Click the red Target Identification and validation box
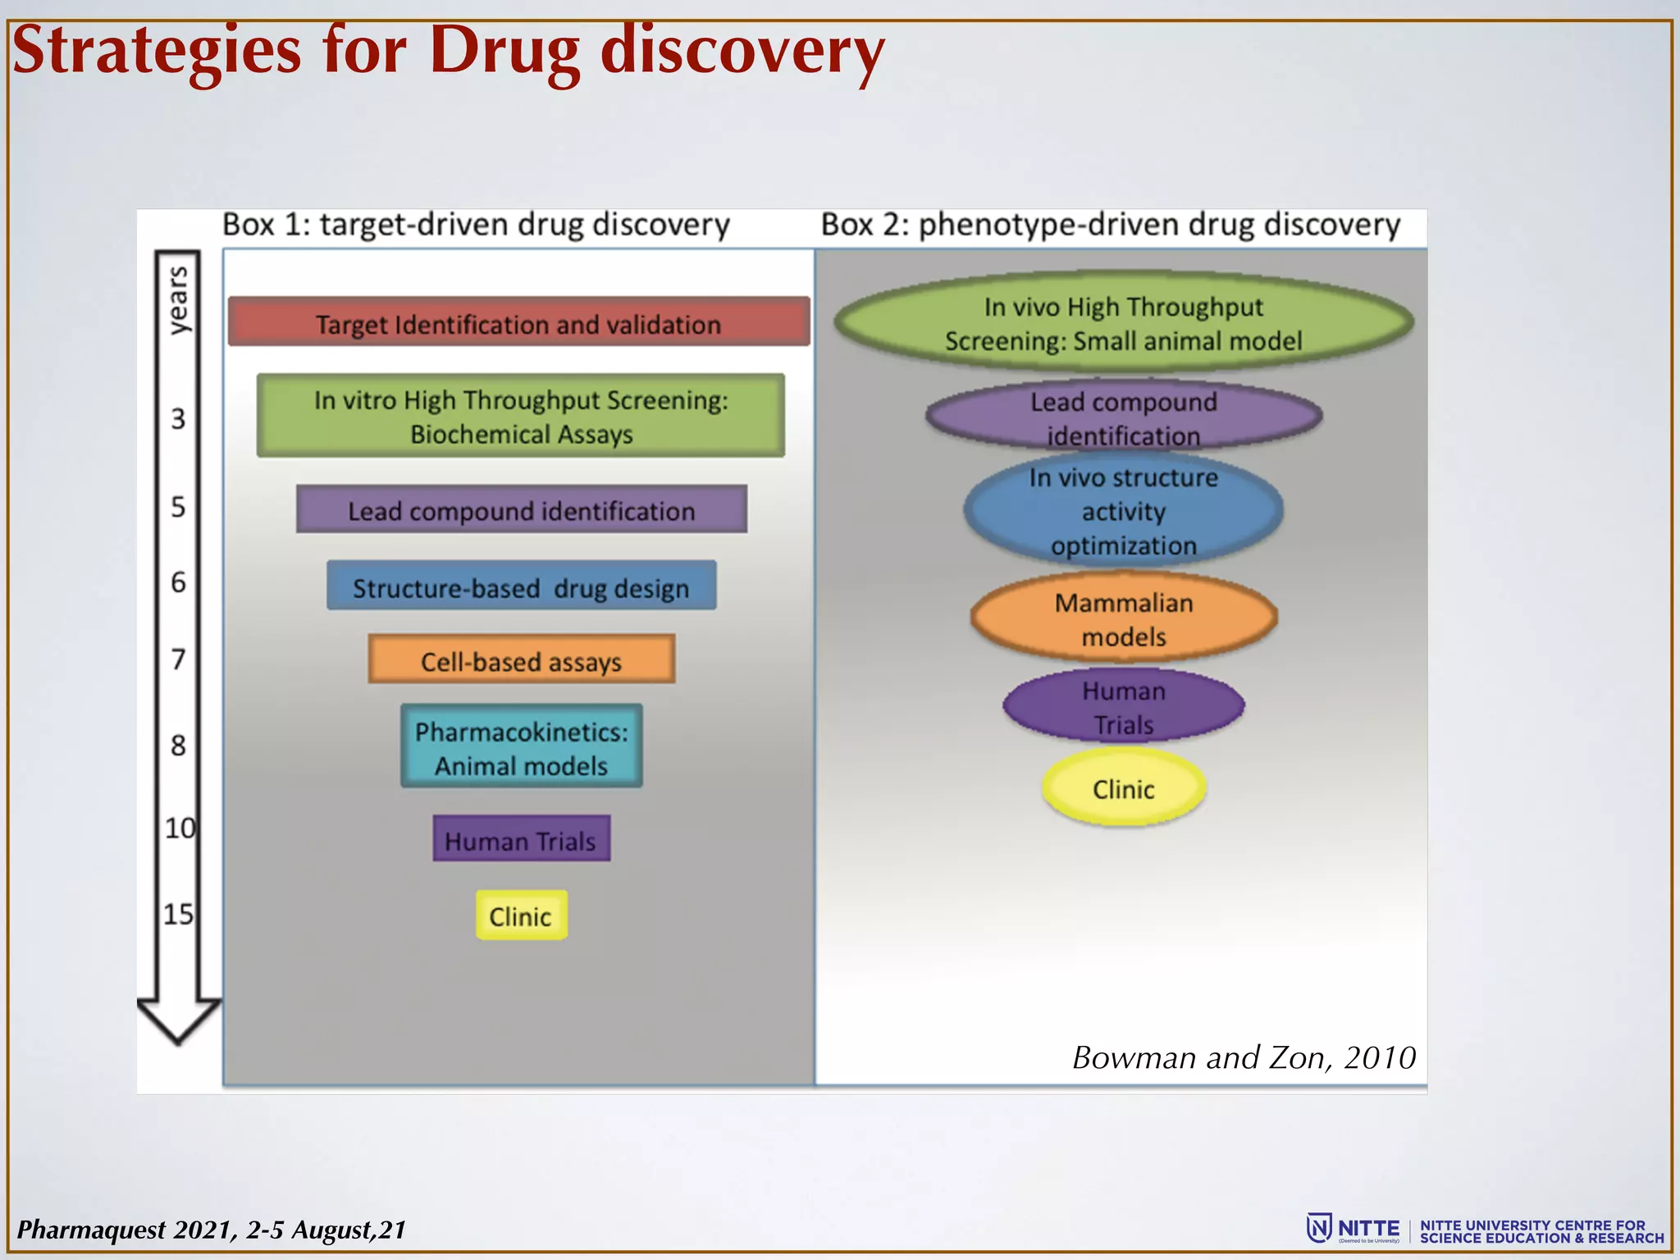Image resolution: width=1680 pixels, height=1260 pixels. tap(518, 322)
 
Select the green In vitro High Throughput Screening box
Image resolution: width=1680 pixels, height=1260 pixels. tap(520, 416)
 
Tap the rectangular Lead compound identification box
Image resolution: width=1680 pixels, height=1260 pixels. tap(521, 509)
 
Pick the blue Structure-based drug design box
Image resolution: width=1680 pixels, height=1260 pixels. tap(521, 586)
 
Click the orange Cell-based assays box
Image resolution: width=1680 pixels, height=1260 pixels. tap(521, 659)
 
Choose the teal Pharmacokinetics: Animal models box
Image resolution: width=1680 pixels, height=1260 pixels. tap(521, 746)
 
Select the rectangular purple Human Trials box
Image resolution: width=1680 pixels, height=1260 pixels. tap(521, 838)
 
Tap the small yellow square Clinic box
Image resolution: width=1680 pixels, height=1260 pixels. tap(521, 915)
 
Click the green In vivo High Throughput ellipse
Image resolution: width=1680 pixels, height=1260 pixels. tap(1123, 322)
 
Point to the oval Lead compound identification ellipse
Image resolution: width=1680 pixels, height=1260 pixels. tap(1123, 417)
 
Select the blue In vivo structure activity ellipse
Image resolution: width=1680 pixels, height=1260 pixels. tap(1123, 510)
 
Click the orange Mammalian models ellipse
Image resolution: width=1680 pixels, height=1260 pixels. tap(1123, 619)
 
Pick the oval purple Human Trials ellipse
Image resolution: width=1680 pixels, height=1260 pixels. tap(1123, 706)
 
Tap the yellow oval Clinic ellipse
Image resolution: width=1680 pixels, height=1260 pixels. tap(1123, 788)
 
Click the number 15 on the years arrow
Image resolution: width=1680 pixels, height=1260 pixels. tap(178, 914)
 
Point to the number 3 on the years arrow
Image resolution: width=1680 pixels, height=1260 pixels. tap(178, 419)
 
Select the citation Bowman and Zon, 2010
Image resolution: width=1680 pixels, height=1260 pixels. tap(1244, 1058)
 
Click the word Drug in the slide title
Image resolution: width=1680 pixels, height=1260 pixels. tap(504, 51)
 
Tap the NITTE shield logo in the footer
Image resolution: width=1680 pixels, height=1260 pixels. tap(1318, 1228)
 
